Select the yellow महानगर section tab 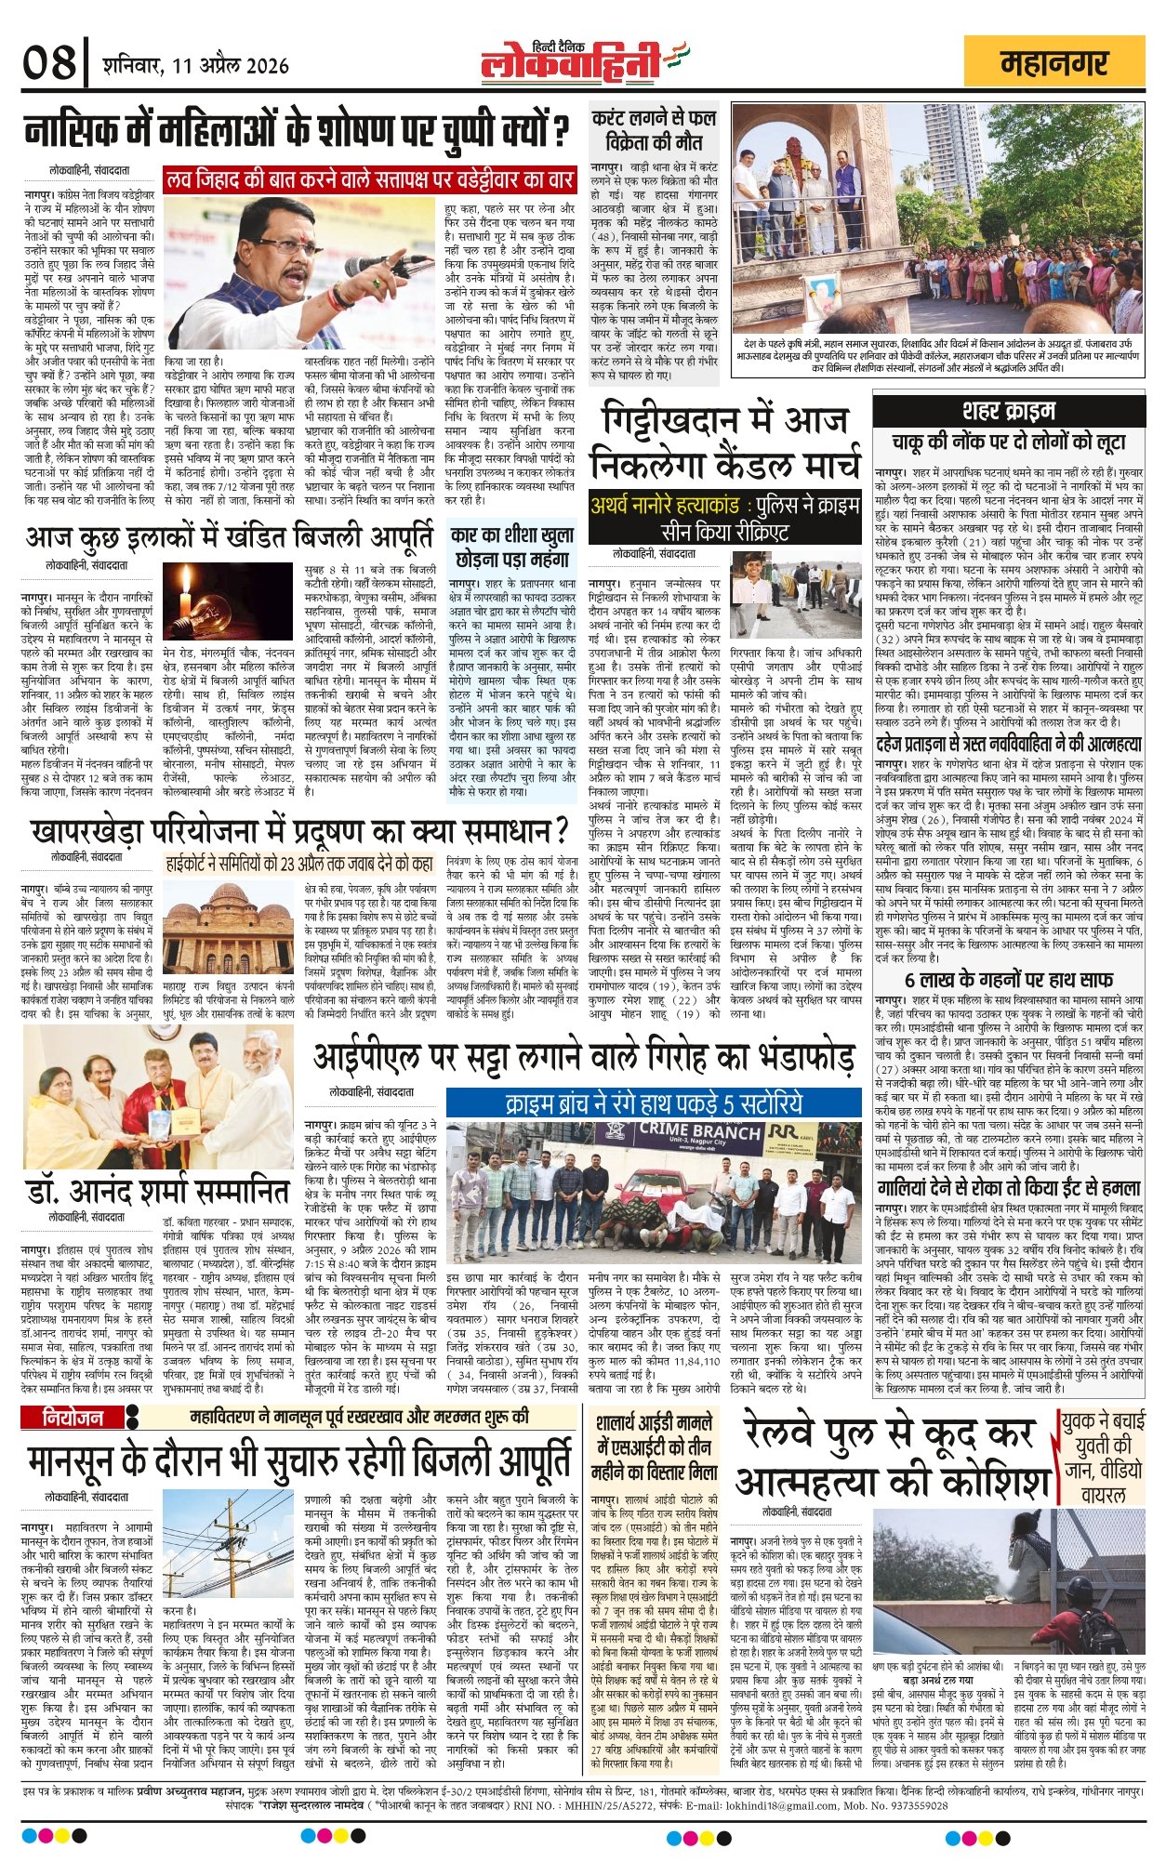point(1053,63)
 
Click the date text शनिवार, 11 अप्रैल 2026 point(196,66)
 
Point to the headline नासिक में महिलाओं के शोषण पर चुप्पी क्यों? point(297,129)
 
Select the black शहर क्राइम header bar point(1008,410)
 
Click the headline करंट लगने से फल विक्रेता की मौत point(654,130)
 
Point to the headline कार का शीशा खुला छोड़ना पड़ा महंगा point(512,548)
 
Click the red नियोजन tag point(75,1419)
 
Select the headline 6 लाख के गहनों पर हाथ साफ point(1008,979)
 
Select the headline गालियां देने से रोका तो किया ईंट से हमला point(1008,1187)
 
